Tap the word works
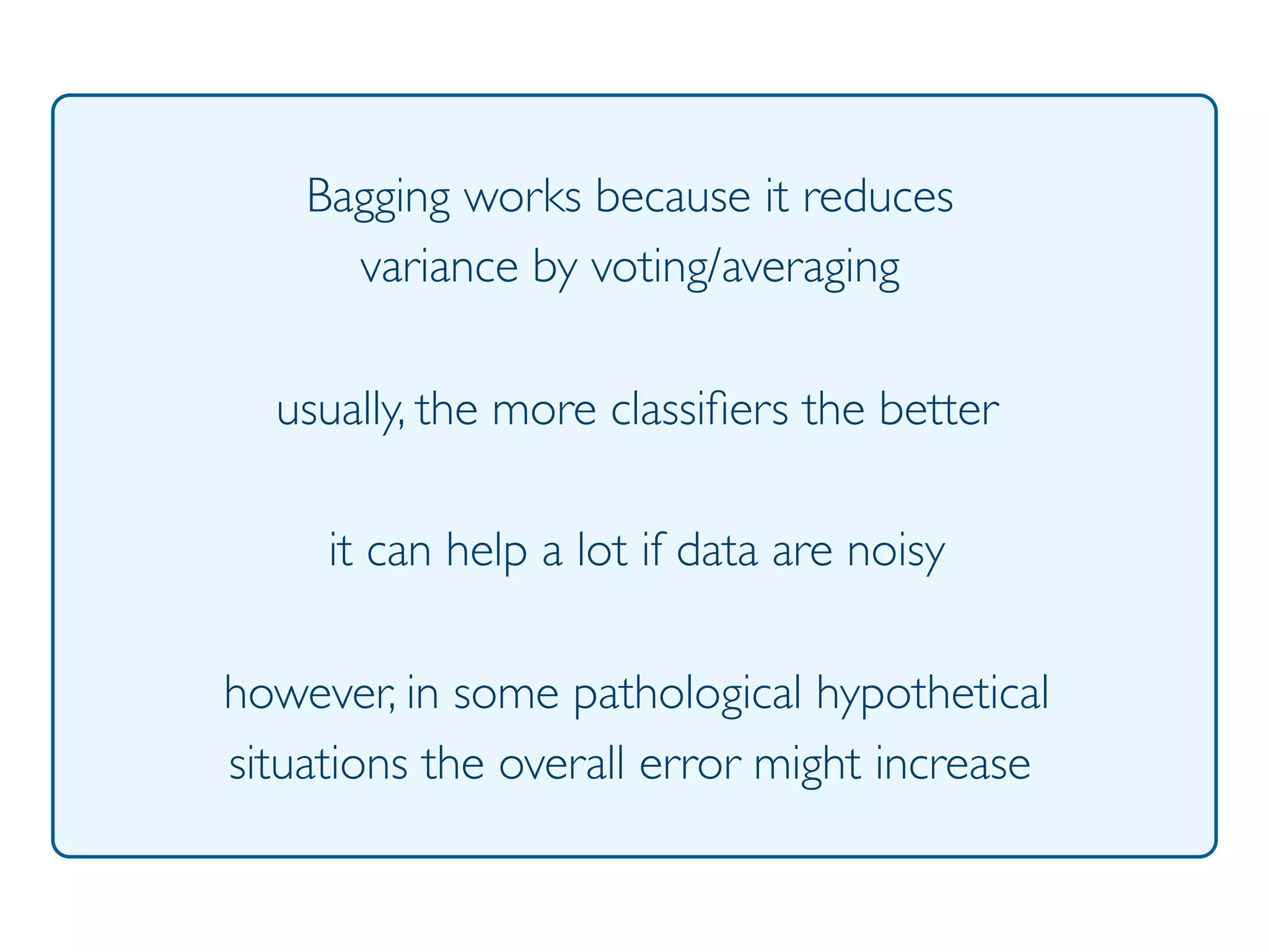coord(522,197)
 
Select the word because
coord(673,197)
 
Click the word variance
coord(439,268)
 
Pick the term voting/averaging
coord(745,269)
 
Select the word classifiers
coord(700,410)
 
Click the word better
coord(939,410)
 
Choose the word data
coord(717,550)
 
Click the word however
coord(309,693)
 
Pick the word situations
coord(318,764)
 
